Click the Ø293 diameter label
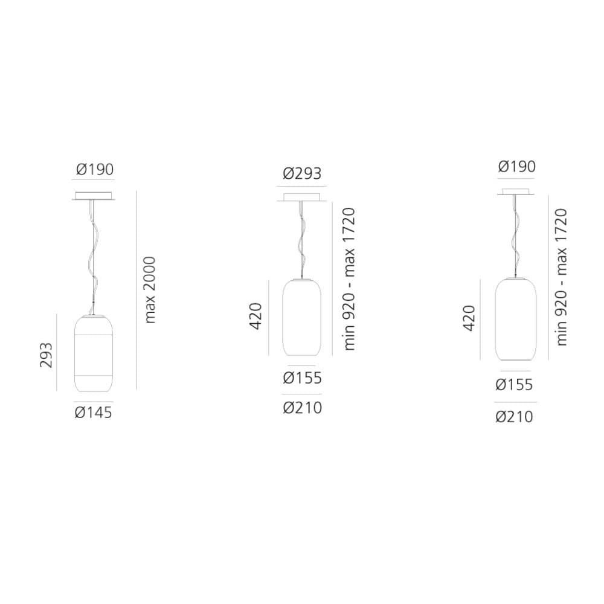click(x=302, y=174)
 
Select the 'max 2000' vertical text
click(x=150, y=290)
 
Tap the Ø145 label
click(x=93, y=413)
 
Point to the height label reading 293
click(x=47, y=355)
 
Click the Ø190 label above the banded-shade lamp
click(x=95, y=169)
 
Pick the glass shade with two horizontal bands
click(x=93, y=353)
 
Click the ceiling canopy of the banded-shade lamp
click(x=93, y=196)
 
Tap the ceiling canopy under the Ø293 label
click(x=302, y=198)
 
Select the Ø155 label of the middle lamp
click(x=303, y=378)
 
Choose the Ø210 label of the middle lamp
click(x=303, y=408)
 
